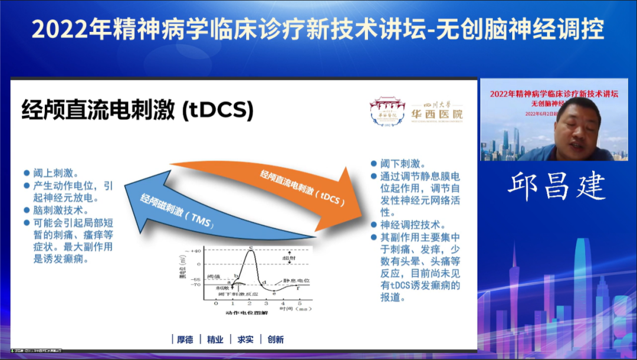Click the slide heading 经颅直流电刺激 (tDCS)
coord(137,110)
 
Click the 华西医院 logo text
coord(437,113)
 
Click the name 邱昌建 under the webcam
coord(556,186)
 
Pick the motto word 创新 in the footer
coord(275,339)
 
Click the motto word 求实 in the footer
coord(245,339)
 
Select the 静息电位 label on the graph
coord(297,280)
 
